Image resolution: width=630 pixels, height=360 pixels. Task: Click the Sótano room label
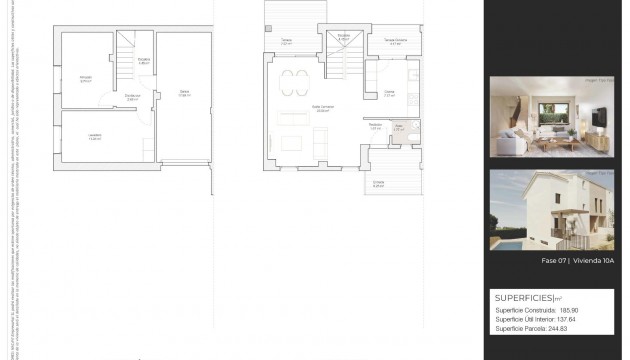point(184,94)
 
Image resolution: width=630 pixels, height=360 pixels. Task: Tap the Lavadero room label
point(95,138)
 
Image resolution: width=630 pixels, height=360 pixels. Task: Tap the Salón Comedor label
point(294,109)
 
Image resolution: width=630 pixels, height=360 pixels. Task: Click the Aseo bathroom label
point(398,128)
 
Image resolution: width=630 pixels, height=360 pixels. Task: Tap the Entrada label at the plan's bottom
point(378,184)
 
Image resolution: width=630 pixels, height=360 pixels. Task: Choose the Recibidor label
point(376,127)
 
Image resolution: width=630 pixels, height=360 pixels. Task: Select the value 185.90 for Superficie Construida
point(570,311)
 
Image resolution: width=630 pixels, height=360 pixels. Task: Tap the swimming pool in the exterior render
point(509,240)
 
